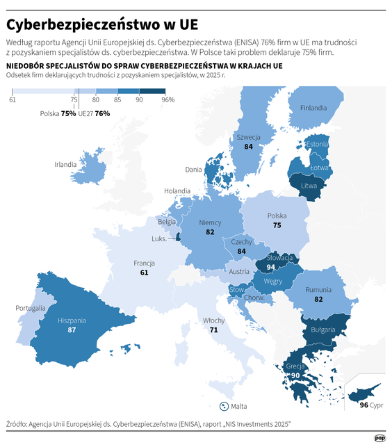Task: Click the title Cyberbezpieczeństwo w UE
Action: [102, 24]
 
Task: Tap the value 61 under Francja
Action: [144, 273]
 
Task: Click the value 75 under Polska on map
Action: [277, 225]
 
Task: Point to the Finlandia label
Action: [313, 108]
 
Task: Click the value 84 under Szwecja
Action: [248, 147]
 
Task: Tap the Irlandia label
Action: [66, 165]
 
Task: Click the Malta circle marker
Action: [224, 406]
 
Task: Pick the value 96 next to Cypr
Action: [364, 405]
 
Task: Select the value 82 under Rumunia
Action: [319, 298]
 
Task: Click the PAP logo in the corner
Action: [379, 438]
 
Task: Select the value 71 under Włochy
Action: [213, 330]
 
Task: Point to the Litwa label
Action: [309, 186]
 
